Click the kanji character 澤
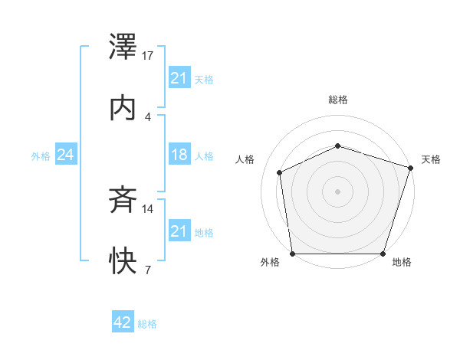pos(123,49)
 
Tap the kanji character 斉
pos(123,201)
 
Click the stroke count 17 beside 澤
pos(149,56)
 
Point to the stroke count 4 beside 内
pos(147,116)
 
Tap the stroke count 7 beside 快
pos(147,270)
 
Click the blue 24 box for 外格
pos(66,155)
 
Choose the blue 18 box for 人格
pos(179,155)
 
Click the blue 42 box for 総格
pos(123,323)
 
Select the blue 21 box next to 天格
pos(179,78)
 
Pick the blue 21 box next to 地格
pos(179,231)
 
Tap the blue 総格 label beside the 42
pos(147,324)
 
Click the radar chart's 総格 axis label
pos(338,100)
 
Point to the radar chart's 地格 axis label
pos(402,262)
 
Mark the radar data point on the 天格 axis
pos(410,168)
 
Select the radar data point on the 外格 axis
pos(293,254)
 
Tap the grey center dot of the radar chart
pos(338,191)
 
